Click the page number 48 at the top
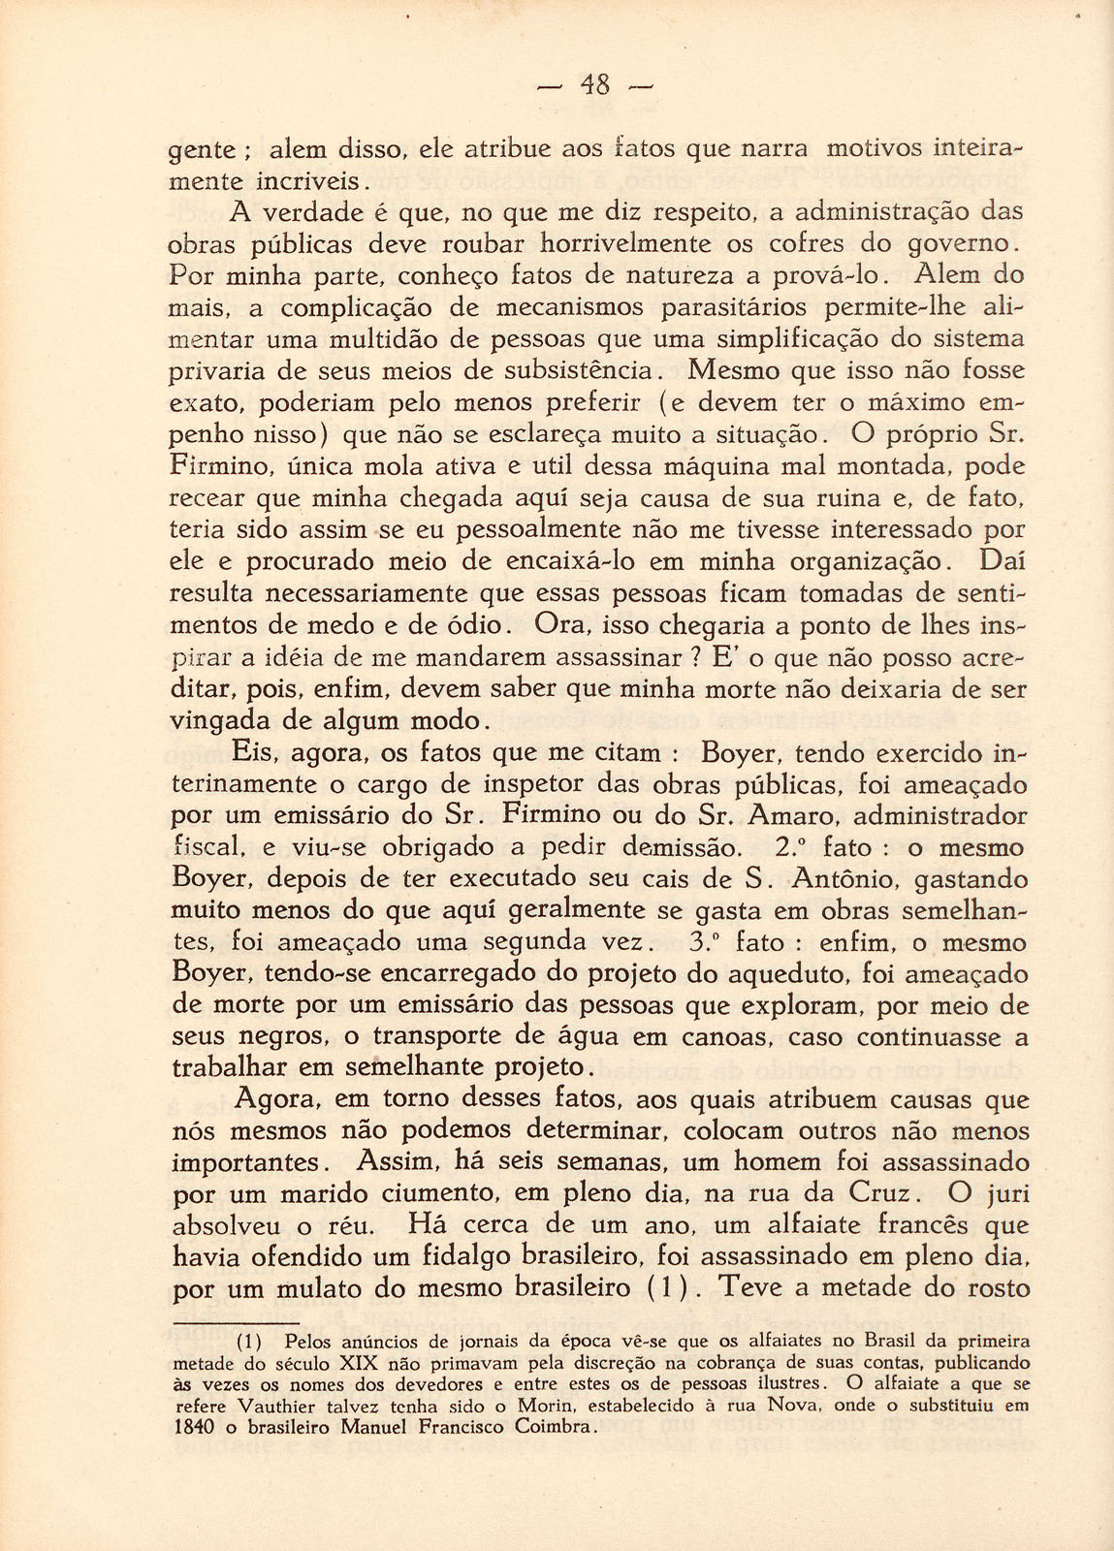click(x=595, y=86)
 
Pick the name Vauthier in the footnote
click(x=274, y=1406)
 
